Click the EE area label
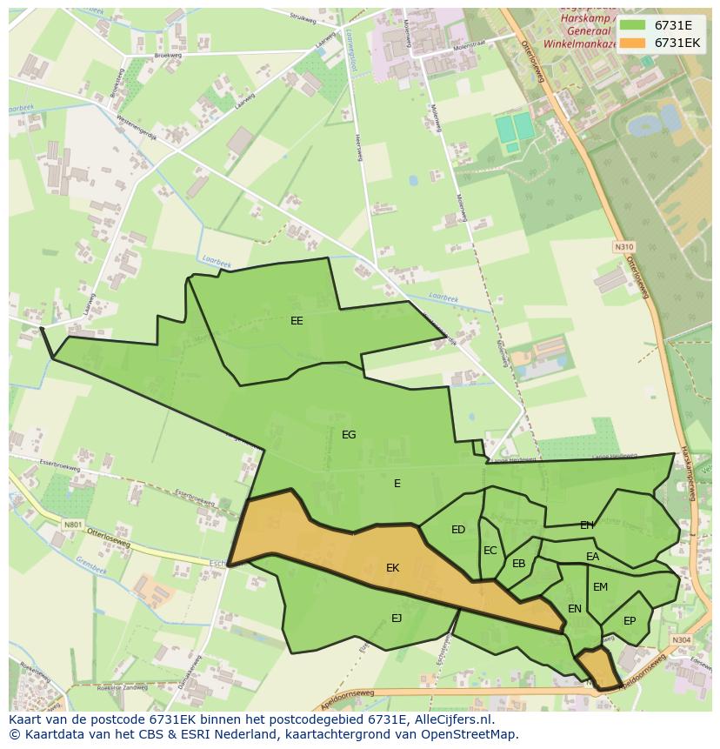pyautogui.click(x=297, y=321)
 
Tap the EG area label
pyautogui.click(x=349, y=435)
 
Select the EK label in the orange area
pyautogui.click(x=392, y=568)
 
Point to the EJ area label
pyautogui.click(x=397, y=619)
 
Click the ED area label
pyautogui.click(x=458, y=530)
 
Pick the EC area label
pyautogui.click(x=490, y=551)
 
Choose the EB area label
pyautogui.click(x=519, y=564)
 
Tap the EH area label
pyautogui.click(x=587, y=525)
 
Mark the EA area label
pyautogui.click(x=592, y=557)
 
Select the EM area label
pyautogui.click(x=600, y=587)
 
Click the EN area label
pyautogui.click(x=575, y=609)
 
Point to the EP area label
pyautogui.click(x=630, y=621)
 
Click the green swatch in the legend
pyautogui.click(x=632, y=25)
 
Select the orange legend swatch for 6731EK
pyautogui.click(x=632, y=43)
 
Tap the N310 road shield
pyautogui.click(x=623, y=247)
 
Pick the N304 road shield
pyautogui.click(x=682, y=640)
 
